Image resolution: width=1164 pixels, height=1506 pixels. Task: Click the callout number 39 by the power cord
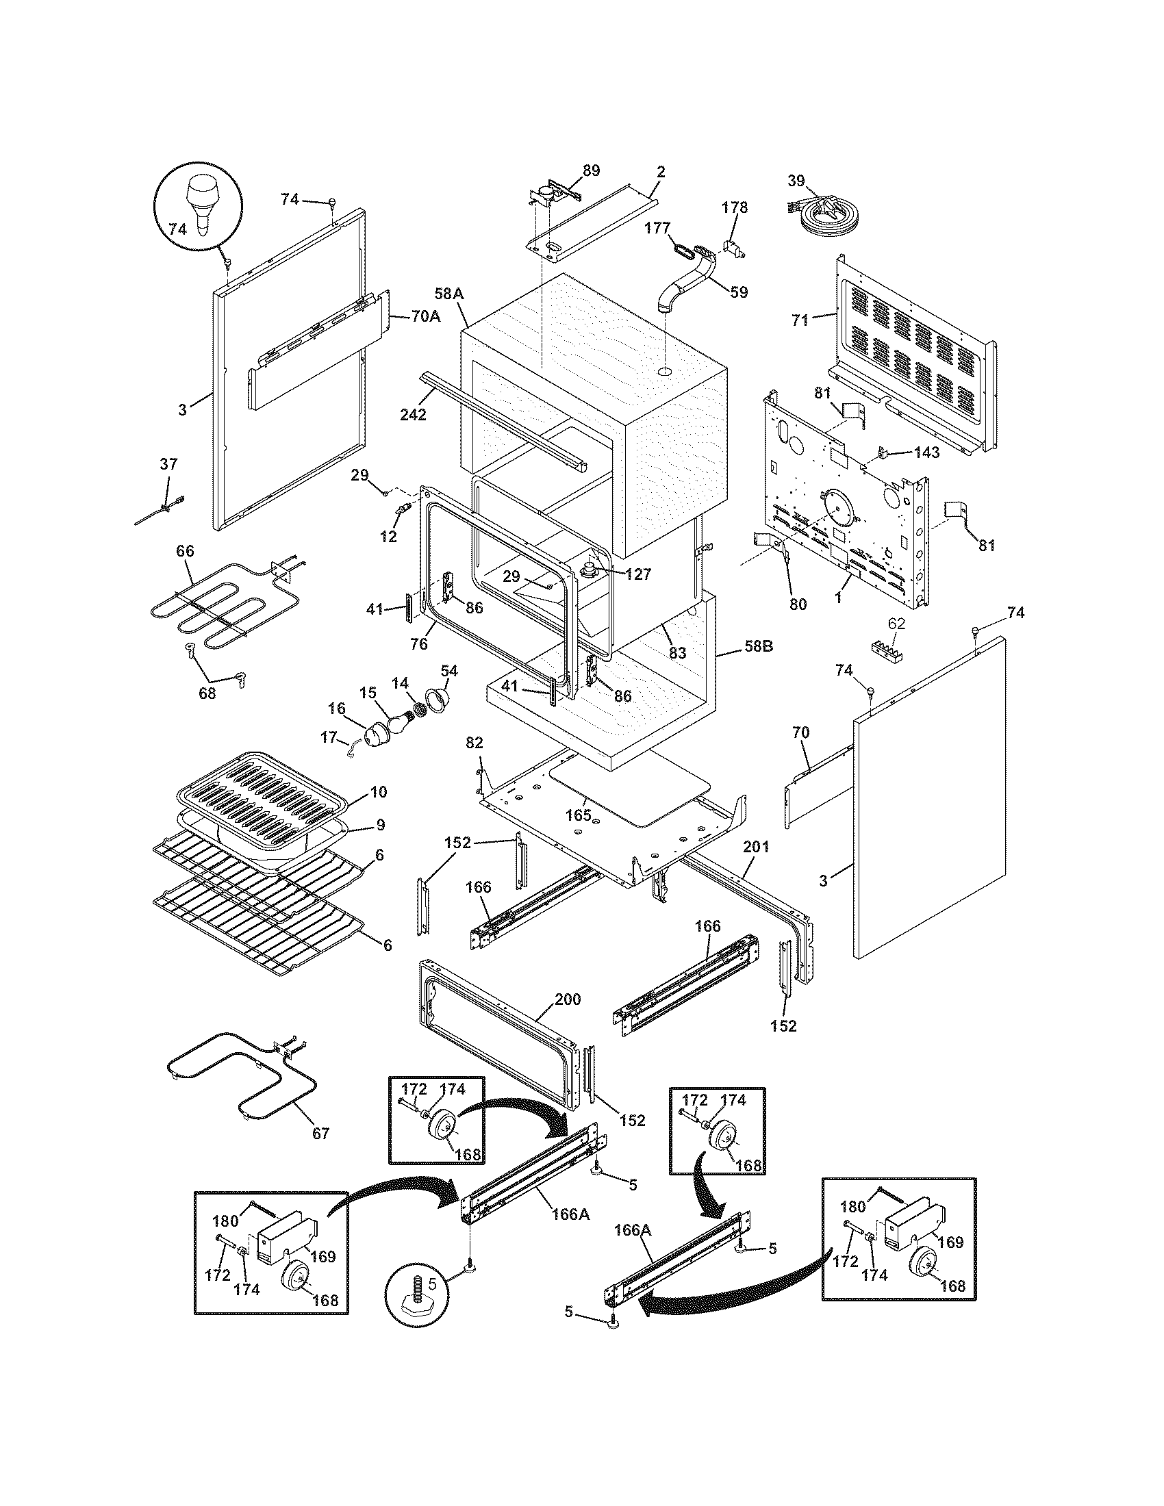[x=796, y=181]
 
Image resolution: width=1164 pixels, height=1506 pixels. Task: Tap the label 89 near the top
[x=591, y=170]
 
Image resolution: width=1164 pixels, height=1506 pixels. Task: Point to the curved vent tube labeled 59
[x=689, y=279]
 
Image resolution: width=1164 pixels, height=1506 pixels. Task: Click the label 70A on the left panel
[x=425, y=317]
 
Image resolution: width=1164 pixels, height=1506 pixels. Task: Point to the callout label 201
[x=757, y=847]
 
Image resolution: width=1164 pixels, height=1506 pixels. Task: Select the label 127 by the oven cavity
[x=637, y=574]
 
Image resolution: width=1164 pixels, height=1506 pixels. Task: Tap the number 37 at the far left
[x=168, y=464]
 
